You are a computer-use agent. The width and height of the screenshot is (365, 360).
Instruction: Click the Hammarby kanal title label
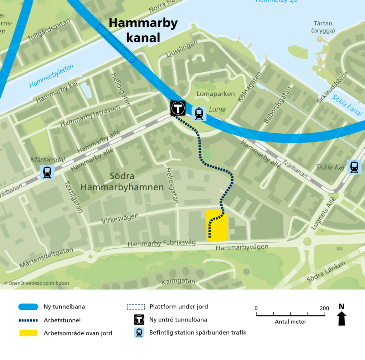[143, 30]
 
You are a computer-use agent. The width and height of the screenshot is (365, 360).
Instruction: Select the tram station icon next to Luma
[199, 113]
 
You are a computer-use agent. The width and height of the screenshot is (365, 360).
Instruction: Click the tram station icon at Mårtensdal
[47, 172]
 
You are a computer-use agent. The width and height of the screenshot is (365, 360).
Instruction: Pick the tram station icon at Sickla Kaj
[354, 166]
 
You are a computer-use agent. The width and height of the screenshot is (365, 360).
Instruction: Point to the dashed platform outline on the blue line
[116, 43]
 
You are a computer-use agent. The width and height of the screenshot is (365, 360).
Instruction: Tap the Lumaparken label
[216, 94]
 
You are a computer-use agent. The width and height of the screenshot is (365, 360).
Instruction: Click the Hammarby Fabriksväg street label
[161, 243]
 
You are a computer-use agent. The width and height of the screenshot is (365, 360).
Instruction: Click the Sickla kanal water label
[346, 105]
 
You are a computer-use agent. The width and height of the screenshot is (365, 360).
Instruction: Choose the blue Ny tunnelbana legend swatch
[28, 307]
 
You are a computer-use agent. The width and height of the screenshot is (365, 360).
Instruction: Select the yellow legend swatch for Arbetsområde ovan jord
[28, 333]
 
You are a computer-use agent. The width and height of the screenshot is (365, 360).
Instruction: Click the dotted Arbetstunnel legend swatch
[28, 320]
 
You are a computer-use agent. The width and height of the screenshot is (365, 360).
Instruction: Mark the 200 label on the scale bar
[324, 308]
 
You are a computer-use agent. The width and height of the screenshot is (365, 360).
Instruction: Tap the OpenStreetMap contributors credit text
[37, 283]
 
